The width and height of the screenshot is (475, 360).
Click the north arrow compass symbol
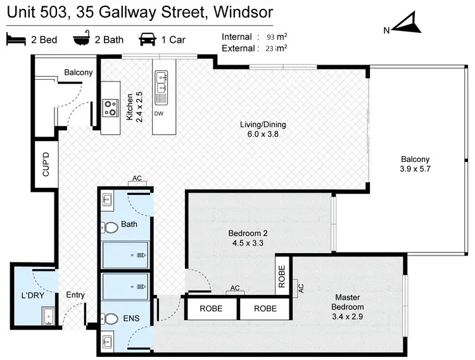click(x=404, y=25)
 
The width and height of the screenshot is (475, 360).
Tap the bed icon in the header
click(x=16, y=40)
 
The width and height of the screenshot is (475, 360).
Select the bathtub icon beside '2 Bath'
click(x=82, y=40)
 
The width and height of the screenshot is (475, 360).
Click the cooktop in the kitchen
click(x=110, y=109)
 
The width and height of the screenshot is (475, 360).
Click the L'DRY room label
click(x=32, y=295)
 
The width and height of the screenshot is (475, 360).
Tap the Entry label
click(x=75, y=295)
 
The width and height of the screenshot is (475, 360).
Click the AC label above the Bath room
click(x=137, y=178)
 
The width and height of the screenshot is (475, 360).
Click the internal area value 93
click(x=272, y=37)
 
